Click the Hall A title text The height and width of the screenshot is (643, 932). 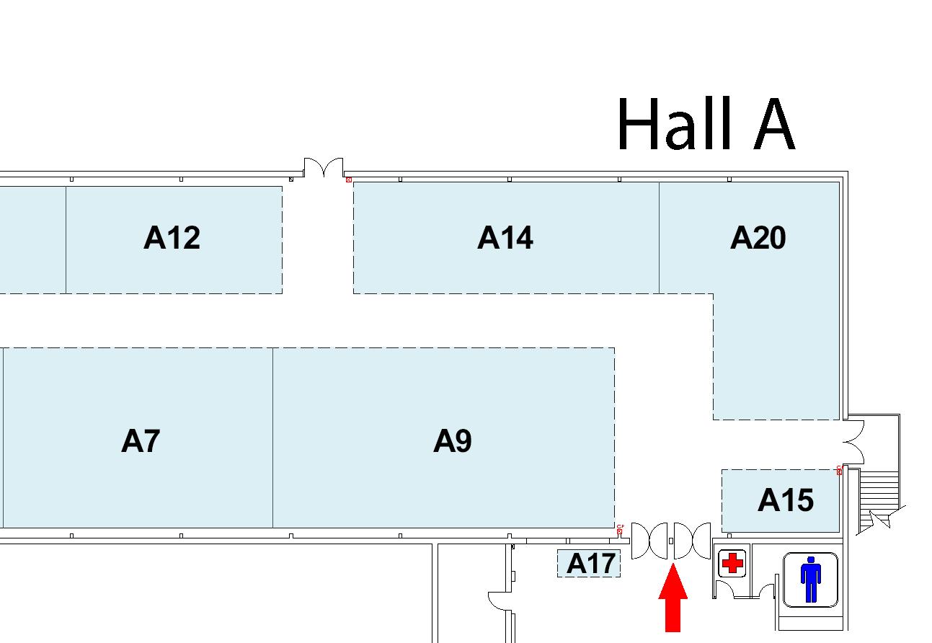(705, 125)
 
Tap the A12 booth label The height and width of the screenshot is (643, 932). (172, 237)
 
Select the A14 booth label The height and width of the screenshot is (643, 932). (505, 237)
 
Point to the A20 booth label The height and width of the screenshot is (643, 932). (758, 237)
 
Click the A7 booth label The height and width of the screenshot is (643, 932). (140, 440)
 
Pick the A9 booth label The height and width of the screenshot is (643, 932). (452, 440)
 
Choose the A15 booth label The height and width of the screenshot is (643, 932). (785, 500)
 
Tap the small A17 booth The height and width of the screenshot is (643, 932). (589, 563)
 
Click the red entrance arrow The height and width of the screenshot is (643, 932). (673, 598)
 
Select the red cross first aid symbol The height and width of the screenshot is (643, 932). (732, 562)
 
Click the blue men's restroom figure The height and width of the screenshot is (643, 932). (811, 578)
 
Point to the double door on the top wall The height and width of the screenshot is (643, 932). (323, 168)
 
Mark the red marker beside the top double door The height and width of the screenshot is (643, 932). (349, 179)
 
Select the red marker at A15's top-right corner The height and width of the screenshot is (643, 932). (840, 471)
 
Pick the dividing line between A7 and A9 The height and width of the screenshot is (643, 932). (272, 438)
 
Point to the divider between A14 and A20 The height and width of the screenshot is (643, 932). (659, 237)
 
